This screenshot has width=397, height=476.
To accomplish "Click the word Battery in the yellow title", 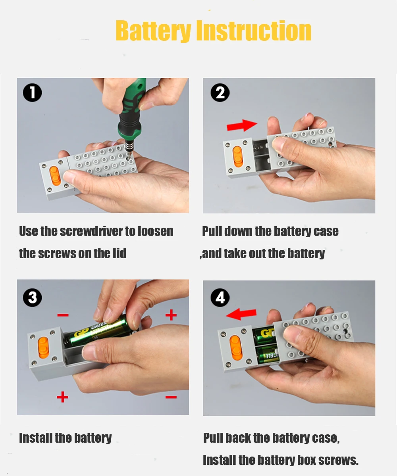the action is click(153, 31).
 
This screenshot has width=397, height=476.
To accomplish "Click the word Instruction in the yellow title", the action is click(254, 30).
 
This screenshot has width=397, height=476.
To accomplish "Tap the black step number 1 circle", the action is click(33, 92).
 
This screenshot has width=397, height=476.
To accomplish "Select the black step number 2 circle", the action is click(220, 92).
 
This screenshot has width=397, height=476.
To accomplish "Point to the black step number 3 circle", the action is click(33, 297).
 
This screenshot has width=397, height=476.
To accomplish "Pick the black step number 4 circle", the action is click(220, 297).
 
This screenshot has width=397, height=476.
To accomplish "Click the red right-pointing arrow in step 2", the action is click(242, 125).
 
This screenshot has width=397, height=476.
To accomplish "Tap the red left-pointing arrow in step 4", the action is click(241, 314).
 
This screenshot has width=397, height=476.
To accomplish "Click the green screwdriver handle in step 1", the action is click(132, 109).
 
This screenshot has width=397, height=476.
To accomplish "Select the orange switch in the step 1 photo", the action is click(55, 176).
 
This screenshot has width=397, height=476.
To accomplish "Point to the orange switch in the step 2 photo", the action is click(237, 156).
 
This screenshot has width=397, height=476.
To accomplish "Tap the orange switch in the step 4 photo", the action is click(235, 346).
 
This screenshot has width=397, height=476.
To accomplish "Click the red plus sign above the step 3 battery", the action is click(171, 315).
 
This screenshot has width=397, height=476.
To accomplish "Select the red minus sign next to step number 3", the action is click(63, 315).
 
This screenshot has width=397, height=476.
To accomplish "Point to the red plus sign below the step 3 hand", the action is click(62, 397).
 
